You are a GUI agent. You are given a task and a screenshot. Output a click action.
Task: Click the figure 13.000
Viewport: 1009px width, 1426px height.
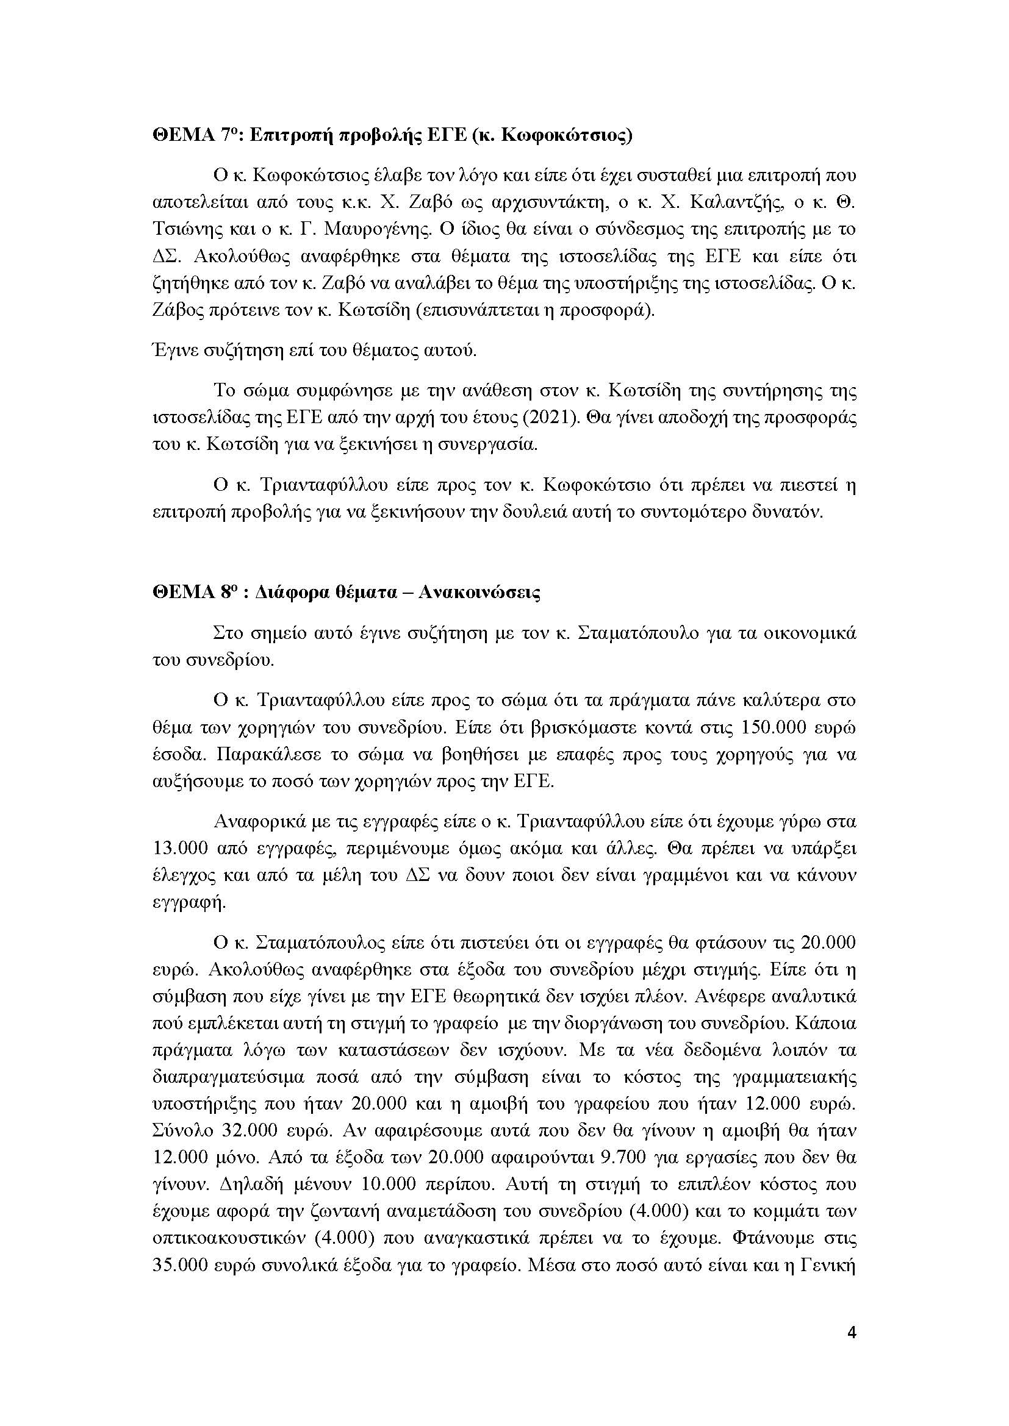[x=179, y=849]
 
